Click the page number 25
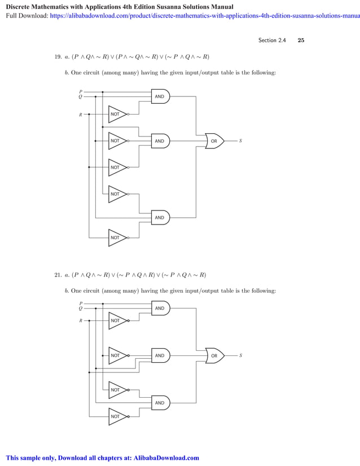301,41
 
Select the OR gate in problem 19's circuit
214,140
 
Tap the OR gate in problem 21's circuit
214,355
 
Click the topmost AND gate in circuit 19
160,96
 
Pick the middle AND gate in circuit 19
160,140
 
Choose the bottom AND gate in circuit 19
160,217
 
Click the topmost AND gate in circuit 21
160,308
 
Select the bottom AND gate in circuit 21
160,403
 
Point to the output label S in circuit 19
240,140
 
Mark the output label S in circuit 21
240,355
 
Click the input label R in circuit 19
80,115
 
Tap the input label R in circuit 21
80,320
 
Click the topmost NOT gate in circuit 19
117,114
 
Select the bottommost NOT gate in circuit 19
117,238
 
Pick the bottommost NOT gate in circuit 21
117,416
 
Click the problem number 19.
58,57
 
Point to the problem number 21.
58,275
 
